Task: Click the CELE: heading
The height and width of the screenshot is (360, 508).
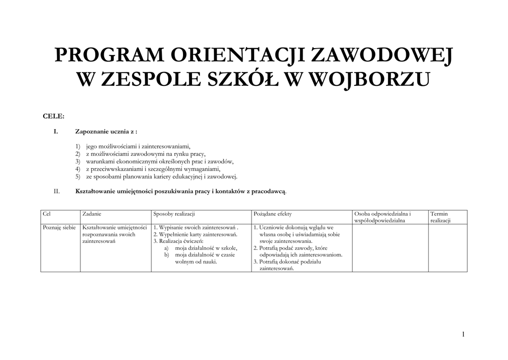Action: (54, 116)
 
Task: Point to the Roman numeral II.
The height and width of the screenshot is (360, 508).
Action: (57, 191)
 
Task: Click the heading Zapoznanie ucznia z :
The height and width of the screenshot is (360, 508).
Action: (106, 132)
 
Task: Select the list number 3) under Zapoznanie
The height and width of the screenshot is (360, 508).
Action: (78, 161)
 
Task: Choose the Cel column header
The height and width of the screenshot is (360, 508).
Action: (47, 214)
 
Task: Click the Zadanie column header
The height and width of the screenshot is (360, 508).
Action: (92, 214)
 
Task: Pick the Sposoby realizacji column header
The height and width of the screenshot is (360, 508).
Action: (174, 214)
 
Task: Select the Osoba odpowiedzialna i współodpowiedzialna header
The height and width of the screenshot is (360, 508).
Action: (382, 216)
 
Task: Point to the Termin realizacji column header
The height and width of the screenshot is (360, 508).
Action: (440, 216)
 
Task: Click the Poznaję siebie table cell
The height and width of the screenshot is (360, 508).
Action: (59, 227)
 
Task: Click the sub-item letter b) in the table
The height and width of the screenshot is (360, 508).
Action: (167, 254)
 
